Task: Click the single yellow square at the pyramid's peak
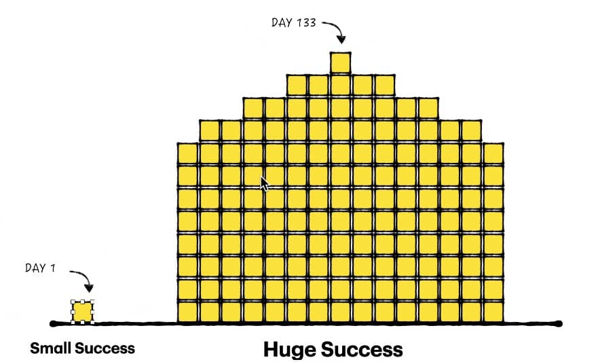pyautogui.click(x=340, y=62)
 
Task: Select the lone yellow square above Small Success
pyautogui.click(x=82, y=312)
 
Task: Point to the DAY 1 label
pyautogui.click(x=40, y=268)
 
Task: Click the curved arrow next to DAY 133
pyautogui.click(x=334, y=31)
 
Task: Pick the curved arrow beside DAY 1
pyautogui.click(x=83, y=279)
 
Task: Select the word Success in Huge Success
pyautogui.click(x=362, y=350)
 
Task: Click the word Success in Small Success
pyautogui.click(x=105, y=348)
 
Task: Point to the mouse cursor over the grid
pyautogui.click(x=264, y=183)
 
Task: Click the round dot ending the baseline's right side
pyautogui.click(x=559, y=323)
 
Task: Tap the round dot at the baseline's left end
pyautogui.click(x=53, y=323)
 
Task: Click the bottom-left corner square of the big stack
pyautogui.click(x=187, y=312)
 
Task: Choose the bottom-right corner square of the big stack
pyautogui.click(x=493, y=312)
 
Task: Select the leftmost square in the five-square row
pyautogui.click(x=297, y=85)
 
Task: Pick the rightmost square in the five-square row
pyautogui.click(x=384, y=85)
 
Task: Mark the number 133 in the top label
pyautogui.click(x=305, y=22)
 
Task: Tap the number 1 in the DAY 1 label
pyautogui.click(x=52, y=268)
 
